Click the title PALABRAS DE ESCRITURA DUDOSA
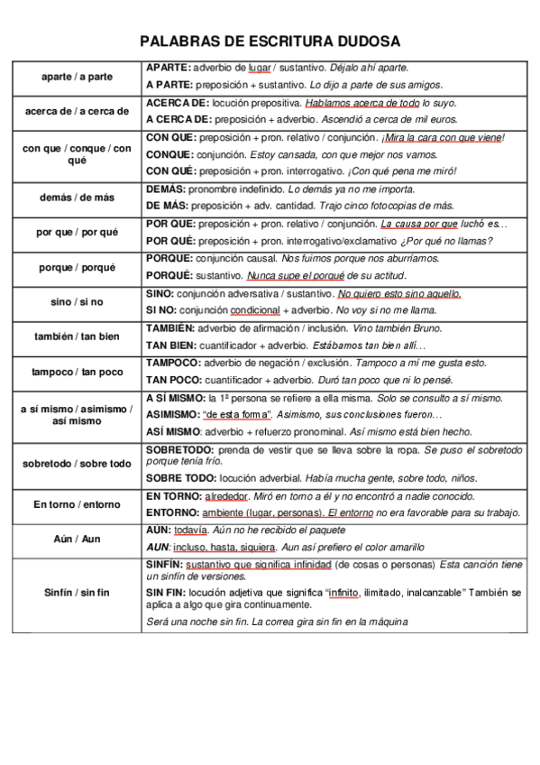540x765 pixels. [270, 41]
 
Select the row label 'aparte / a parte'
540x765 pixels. [77, 77]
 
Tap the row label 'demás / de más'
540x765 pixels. [77, 198]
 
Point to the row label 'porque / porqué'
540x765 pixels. [77, 267]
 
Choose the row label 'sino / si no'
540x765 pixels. [77, 301]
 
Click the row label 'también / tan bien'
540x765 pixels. [77, 336]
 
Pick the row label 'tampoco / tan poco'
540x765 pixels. [77, 371]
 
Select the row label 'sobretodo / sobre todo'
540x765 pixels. [77, 464]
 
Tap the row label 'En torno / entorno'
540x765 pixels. [77, 504]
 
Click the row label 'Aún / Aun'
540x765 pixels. [77, 539]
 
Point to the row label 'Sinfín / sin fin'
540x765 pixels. [77, 592]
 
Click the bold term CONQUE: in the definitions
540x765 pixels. [169, 153]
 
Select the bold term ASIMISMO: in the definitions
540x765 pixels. [173, 414]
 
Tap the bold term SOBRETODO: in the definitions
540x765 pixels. [179, 448]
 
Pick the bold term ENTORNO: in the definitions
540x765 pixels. [172, 512]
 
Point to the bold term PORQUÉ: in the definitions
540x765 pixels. [170, 275]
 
